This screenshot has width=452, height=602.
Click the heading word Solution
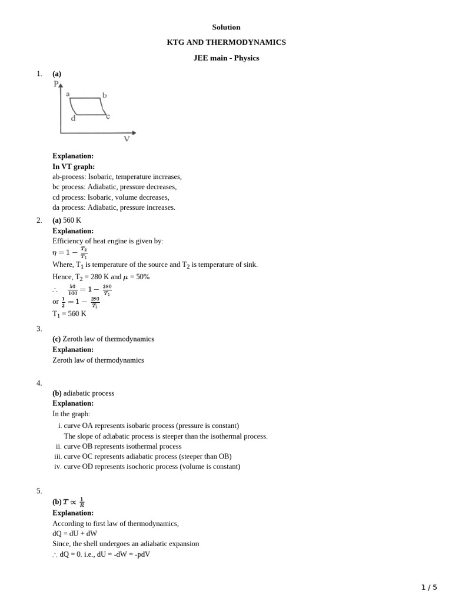pos(226,27)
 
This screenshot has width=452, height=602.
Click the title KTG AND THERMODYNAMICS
pos(226,42)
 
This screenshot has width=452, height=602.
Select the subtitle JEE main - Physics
pos(226,58)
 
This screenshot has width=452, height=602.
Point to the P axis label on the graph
pos(56,84)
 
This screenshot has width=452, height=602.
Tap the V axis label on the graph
pos(127,139)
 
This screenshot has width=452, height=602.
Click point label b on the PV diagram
pos(105,95)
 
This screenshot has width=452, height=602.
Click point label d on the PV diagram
pos(73,118)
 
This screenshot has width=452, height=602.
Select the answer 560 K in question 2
pos(72,220)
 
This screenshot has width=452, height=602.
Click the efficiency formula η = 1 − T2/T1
pos(70,252)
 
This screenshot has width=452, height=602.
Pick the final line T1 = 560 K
pos(69,314)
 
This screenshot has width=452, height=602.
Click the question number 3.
pos(39,329)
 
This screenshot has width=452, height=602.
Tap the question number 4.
pos(39,383)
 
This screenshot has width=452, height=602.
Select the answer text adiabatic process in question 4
pos(88,393)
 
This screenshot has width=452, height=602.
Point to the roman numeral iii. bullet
pos(58,457)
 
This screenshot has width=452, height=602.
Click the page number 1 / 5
pos(429,587)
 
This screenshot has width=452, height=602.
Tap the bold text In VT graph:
pos(74,166)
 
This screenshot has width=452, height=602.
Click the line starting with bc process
pos(114,187)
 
